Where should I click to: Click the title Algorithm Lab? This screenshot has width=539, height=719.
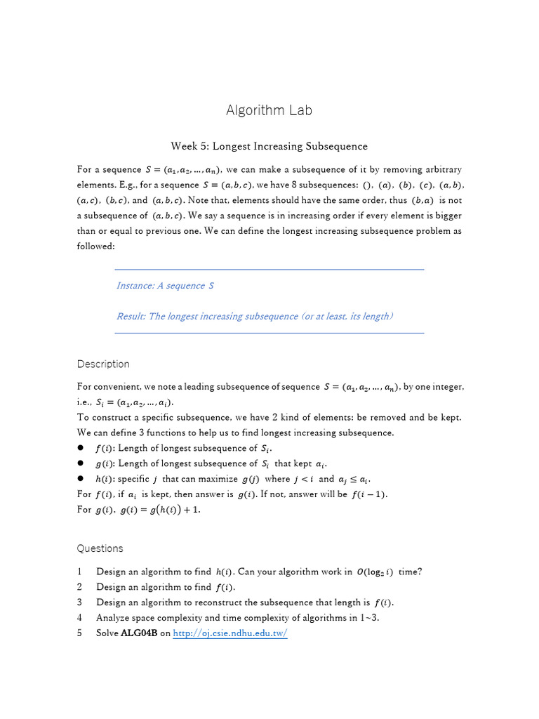269,110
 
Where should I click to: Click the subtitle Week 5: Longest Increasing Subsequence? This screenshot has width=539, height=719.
269,146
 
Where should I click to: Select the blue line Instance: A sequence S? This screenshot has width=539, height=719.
165,286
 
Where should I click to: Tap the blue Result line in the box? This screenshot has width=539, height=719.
255,316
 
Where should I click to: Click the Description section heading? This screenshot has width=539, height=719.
103,364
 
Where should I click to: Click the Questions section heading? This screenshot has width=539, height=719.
100,548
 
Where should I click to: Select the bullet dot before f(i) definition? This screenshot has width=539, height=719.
81,448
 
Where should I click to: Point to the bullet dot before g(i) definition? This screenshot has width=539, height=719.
81,463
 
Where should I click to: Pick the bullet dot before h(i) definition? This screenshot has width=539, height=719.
81,479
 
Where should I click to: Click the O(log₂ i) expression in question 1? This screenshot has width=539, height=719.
375,572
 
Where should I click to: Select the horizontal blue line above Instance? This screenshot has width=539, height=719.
269,269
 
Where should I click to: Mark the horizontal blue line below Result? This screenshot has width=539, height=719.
269,333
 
